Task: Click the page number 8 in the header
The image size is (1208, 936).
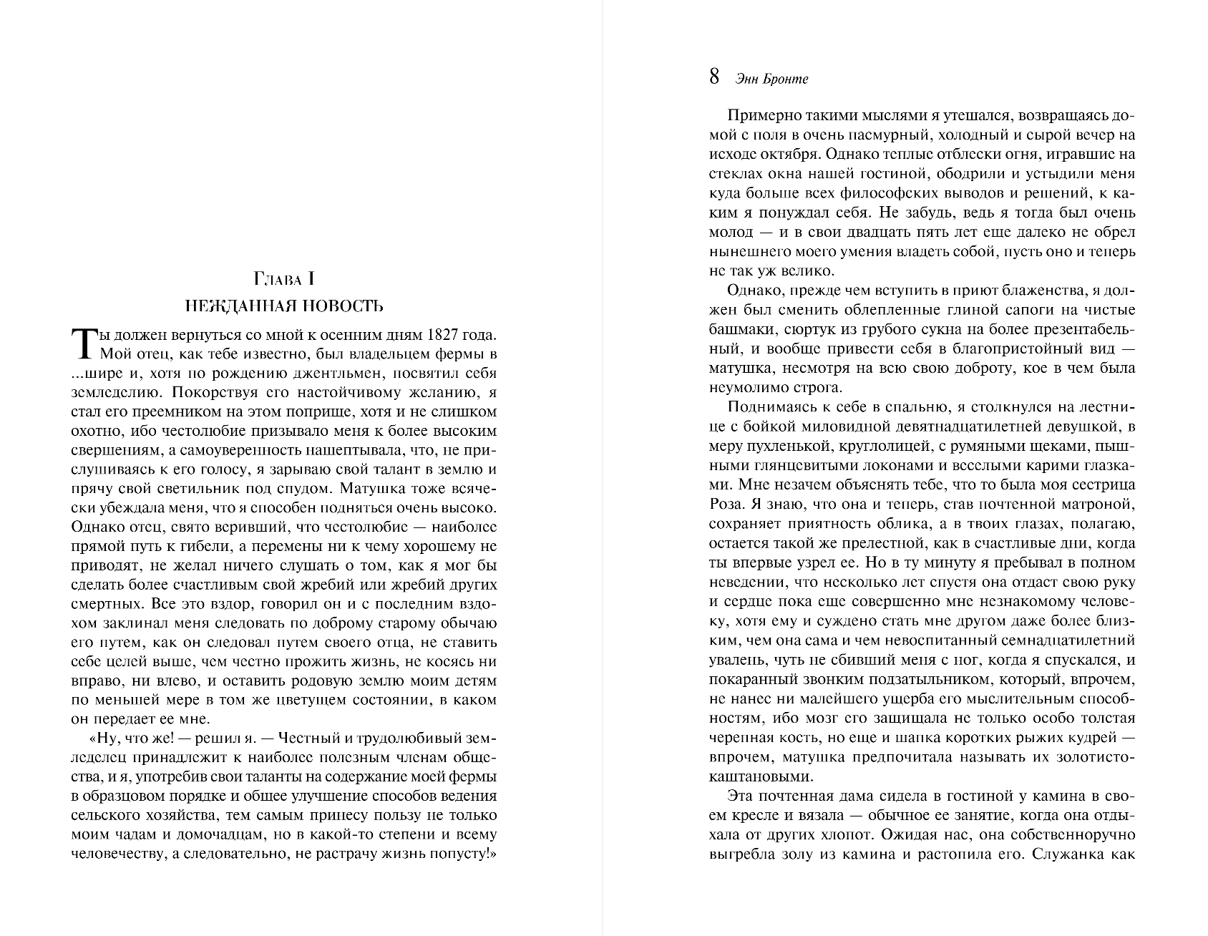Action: [714, 77]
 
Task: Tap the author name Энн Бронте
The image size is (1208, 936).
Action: [771, 79]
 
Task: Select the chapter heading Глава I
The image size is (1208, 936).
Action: [284, 278]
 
